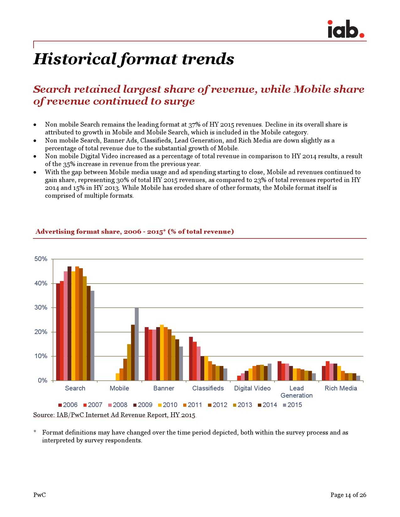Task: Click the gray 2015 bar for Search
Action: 93,336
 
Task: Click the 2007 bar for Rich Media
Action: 328,371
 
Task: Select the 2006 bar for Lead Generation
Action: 280,371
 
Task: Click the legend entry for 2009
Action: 143,405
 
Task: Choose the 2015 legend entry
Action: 292,405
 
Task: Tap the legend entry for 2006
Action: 68,405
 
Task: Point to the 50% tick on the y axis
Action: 41,259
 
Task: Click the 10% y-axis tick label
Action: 41,356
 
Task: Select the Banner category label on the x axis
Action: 164,388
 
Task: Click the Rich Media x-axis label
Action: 341,388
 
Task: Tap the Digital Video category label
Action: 252,388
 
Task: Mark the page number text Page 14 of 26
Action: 348,495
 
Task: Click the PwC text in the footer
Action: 40,495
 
